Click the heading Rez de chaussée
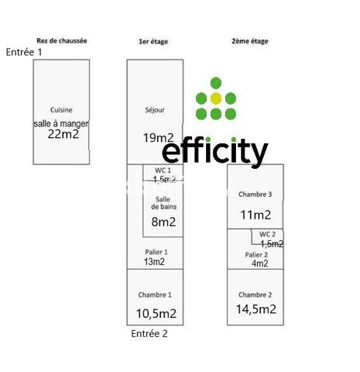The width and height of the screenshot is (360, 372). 62,41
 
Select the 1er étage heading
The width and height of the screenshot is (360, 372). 153,41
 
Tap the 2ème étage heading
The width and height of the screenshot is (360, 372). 250,41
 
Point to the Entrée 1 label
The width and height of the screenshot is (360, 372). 24,52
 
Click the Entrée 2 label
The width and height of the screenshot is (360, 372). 149,333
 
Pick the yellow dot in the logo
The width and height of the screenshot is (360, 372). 216,98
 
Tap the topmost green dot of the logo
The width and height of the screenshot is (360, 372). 216,83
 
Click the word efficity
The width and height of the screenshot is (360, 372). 215,151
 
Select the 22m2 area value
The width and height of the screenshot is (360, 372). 63,134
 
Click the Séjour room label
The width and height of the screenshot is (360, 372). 155,110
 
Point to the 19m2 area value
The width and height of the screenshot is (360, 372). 159,138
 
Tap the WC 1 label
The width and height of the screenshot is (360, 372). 163,170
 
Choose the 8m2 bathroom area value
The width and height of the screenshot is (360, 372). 163,222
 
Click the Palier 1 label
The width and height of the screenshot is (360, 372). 156,252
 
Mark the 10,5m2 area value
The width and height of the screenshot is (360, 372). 156,314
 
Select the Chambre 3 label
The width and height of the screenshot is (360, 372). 255,195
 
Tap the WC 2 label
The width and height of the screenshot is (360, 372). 267,234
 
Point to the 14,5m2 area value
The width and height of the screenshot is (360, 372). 256,309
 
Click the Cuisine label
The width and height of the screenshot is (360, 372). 61,110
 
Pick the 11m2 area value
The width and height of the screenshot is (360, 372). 255,215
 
